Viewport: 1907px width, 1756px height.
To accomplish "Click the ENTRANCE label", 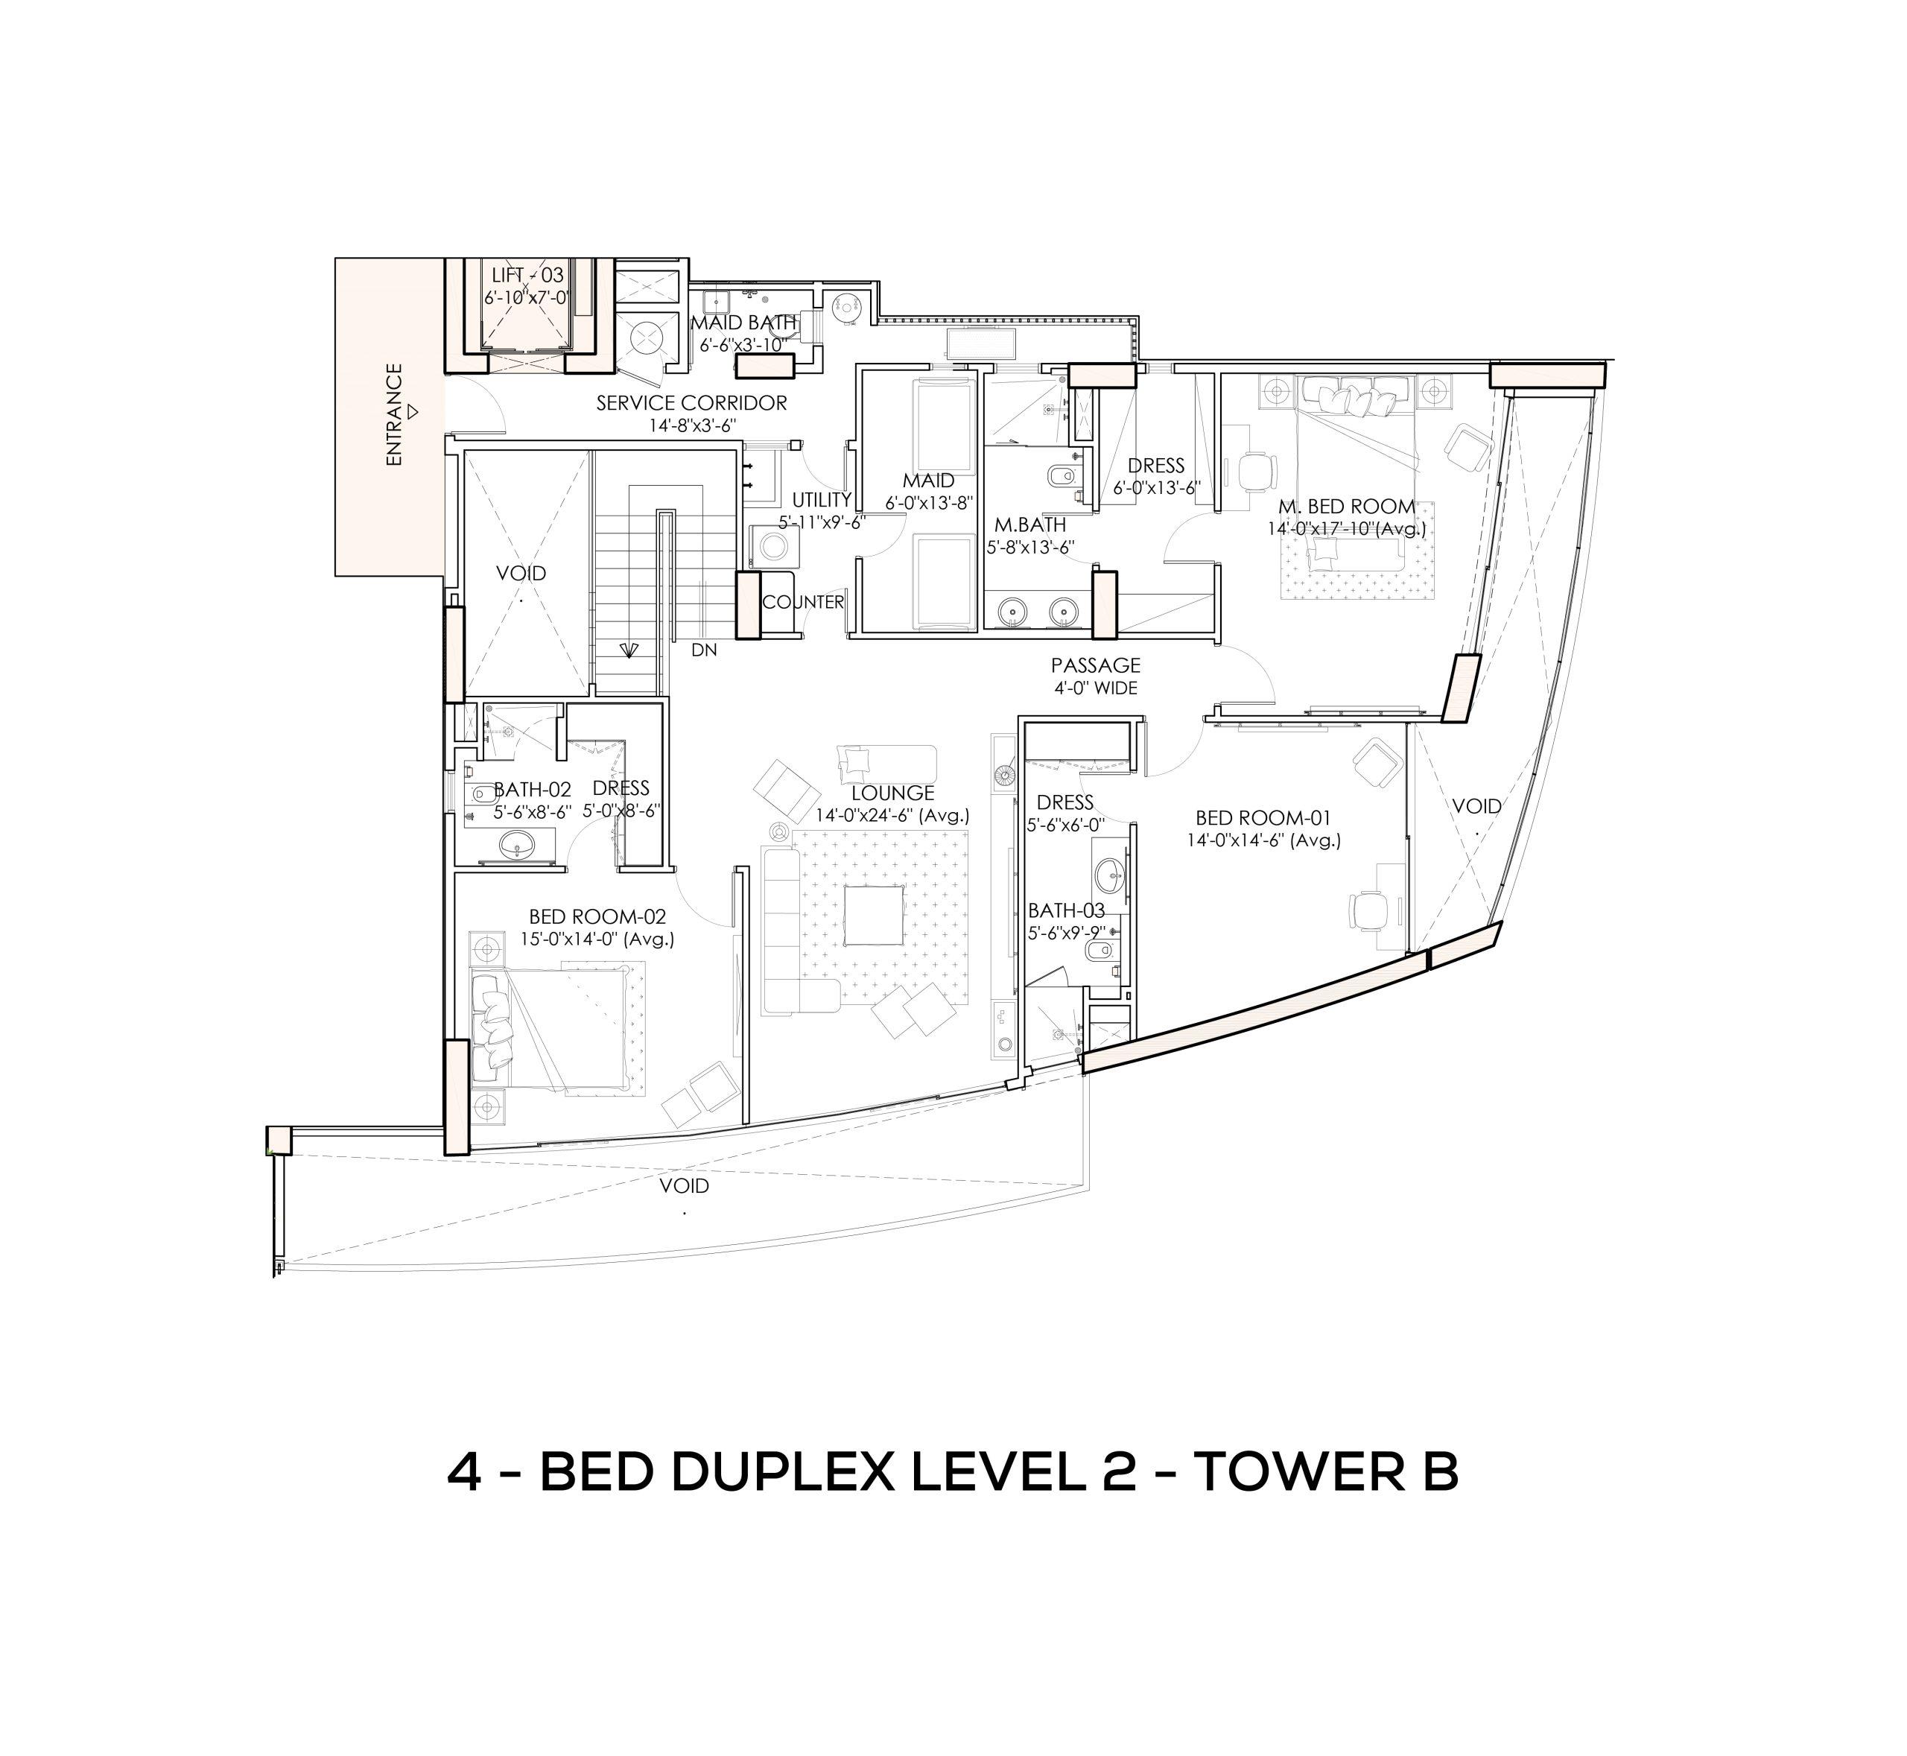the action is (x=394, y=414).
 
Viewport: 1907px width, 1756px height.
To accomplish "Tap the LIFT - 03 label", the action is (x=527, y=276).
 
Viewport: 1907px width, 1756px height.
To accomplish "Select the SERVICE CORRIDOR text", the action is (x=692, y=403).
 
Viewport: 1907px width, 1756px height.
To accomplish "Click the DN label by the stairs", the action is (x=704, y=651).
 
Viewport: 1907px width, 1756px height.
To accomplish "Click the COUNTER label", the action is (x=803, y=603).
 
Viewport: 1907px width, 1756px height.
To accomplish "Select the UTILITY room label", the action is (x=822, y=500).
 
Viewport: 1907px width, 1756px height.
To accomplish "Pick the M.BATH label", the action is (x=1030, y=524).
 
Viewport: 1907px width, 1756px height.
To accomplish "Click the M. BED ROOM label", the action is (x=1346, y=507).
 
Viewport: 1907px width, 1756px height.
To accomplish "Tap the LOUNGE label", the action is (x=892, y=793).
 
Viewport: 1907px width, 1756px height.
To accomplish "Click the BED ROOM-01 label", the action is (x=1263, y=817).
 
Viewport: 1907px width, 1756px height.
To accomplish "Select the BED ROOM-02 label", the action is (x=597, y=917).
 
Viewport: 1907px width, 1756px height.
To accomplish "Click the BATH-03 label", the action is (x=1066, y=911).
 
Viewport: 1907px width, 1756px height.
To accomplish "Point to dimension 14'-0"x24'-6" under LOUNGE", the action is (x=892, y=815).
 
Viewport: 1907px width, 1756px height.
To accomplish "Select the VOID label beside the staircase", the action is (x=521, y=573).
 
